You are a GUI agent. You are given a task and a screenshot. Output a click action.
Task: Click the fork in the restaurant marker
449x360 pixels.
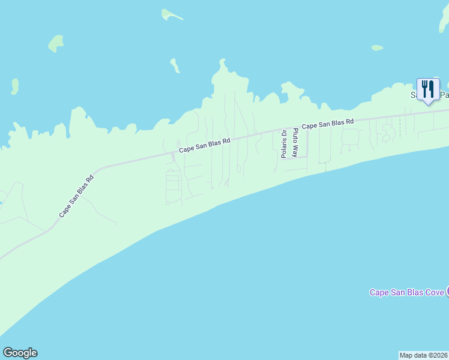tap(425, 89)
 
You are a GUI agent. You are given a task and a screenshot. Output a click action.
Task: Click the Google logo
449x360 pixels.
tap(20, 353)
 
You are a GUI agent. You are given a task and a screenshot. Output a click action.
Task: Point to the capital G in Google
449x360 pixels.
tap(7, 353)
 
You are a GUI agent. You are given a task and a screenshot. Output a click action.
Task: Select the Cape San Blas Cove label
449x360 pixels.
tap(406, 292)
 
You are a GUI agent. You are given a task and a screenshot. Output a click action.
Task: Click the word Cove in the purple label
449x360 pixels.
tap(434, 292)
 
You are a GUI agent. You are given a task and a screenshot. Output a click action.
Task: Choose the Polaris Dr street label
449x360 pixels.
tap(285, 144)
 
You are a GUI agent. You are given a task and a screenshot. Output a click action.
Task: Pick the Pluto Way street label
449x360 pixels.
tap(295, 143)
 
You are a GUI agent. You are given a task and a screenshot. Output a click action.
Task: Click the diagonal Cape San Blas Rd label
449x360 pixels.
tap(76, 196)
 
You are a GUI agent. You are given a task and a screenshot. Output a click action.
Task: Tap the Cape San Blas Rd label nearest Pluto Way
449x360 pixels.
tap(328, 124)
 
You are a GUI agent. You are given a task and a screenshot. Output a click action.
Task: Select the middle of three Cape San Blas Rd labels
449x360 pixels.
tap(204, 146)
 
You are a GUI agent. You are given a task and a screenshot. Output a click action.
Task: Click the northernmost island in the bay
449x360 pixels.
tap(172, 14)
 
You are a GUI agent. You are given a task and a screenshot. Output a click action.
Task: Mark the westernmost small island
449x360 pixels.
tap(14, 86)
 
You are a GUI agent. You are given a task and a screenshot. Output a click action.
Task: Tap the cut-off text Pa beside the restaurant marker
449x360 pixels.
tap(444, 95)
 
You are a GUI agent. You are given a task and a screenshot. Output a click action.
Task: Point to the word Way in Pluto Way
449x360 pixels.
tap(295, 151)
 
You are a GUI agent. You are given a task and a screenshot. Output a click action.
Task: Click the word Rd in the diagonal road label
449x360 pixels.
tap(90, 178)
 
